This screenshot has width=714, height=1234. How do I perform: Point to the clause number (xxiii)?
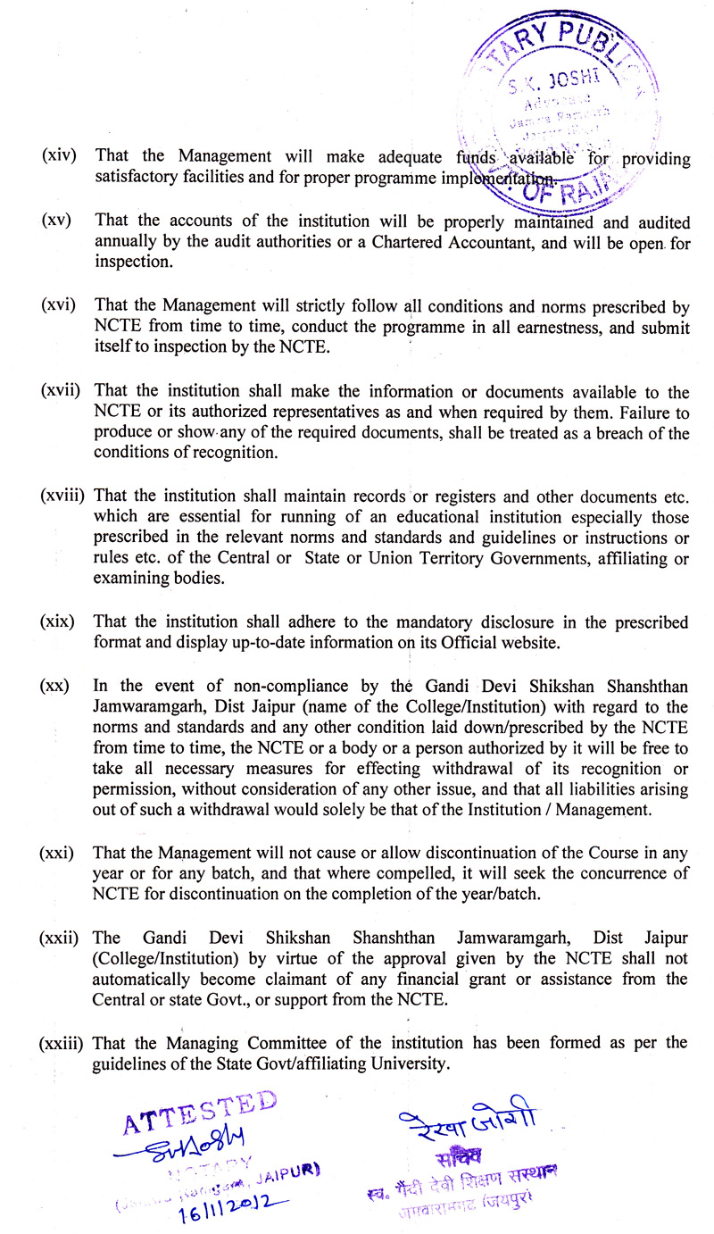64,1043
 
